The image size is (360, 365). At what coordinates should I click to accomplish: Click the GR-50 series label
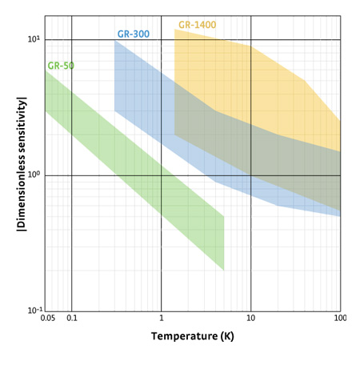click(x=61, y=66)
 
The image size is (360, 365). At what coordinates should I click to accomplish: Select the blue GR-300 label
click(x=134, y=34)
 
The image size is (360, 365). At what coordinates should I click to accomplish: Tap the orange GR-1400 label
click(x=198, y=25)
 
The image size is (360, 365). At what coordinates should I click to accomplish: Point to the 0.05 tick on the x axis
click(x=48, y=318)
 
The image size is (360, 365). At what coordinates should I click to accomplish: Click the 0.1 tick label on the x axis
click(x=72, y=318)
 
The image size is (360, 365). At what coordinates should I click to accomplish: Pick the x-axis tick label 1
click(x=162, y=318)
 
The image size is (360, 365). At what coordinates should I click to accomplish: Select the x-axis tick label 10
click(x=250, y=318)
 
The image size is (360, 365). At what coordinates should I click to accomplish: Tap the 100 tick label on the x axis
click(x=340, y=318)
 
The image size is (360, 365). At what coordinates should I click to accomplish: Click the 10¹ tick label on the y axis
click(x=34, y=39)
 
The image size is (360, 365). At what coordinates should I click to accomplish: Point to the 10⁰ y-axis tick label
click(x=34, y=174)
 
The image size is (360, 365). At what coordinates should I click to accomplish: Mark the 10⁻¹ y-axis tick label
click(x=35, y=311)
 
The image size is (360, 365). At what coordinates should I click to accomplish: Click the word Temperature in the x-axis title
click(x=184, y=336)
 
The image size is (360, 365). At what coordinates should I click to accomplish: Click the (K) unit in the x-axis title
click(x=227, y=336)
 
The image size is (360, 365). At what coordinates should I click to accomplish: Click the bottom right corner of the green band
click(x=224, y=271)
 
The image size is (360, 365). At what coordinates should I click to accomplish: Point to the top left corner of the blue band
click(x=114, y=41)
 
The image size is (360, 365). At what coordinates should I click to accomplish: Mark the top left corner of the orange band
click(x=174, y=29)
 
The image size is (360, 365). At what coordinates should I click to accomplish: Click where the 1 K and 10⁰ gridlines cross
click(x=162, y=175)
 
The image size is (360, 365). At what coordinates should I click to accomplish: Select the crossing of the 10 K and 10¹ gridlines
click(x=250, y=40)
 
